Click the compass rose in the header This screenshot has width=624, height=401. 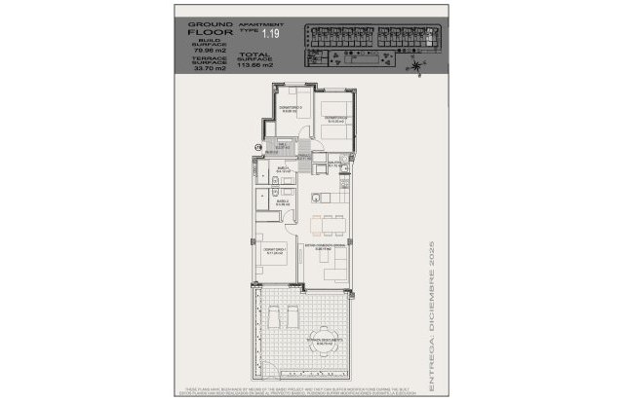tap(418, 65)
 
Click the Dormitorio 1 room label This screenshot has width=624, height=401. tap(274, 250)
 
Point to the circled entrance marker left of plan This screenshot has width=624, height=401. tap(257, 148)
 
